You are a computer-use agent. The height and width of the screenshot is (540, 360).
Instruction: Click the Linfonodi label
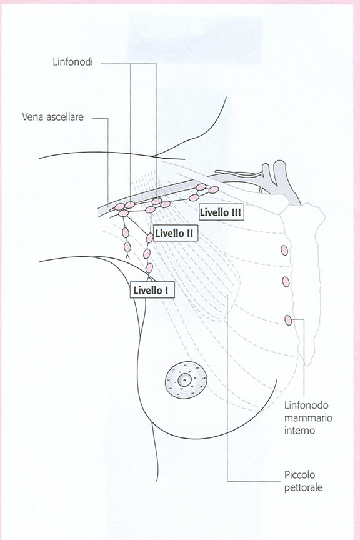72,62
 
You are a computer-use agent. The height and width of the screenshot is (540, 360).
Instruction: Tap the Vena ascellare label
52,117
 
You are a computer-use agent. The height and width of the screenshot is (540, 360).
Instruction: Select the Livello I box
152,291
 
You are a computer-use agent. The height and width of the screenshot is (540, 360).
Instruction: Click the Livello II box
174,233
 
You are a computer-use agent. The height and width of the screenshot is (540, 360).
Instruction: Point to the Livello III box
221,212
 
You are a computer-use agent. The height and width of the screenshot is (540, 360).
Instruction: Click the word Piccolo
299,475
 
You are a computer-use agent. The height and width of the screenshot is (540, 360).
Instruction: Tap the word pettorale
304,488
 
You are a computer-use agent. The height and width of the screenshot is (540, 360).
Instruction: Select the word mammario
308,418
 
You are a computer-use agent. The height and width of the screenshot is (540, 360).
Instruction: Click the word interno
299,431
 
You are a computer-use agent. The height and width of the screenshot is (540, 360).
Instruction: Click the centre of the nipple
184,380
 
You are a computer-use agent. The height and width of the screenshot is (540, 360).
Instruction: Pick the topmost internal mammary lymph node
284,251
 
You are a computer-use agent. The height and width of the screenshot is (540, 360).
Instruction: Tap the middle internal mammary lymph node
286,282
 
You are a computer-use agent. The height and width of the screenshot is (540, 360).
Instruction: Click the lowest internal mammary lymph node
288,320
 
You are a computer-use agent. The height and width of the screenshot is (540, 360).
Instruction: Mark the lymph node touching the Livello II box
149,238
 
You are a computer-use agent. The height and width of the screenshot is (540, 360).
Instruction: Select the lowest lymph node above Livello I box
149,268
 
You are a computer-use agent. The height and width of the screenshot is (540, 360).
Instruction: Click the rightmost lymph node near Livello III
214,190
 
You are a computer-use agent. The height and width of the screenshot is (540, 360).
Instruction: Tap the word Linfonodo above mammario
306,406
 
